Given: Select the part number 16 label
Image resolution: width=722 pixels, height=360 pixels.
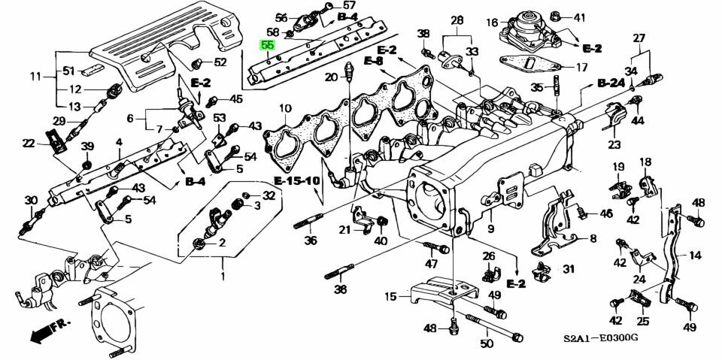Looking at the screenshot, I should pyautogui.click(x=493, y=22).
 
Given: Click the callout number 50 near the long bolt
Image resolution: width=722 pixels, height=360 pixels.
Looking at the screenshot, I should pyautogui.click(x=487, y=344).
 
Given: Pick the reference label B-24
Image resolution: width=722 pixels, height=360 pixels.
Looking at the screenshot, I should pyautogui.click(x=611, y=83).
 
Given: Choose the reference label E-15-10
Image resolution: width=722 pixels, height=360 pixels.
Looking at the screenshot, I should pyautogui.click(x=295, y=181).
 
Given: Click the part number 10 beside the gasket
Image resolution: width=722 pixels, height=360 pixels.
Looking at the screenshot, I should pyautogui.click(x=285, y=110).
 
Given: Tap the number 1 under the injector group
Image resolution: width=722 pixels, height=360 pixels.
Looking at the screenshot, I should pyautogui.click(x=223, y=277).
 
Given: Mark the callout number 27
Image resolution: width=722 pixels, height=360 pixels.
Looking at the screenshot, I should pyautogui.click(x=639, y=38).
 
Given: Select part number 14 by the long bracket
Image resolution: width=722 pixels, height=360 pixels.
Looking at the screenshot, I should pyautogui.click(x=694, y=256).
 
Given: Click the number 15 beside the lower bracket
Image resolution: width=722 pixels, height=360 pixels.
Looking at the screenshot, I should pyautogui.click(x=391, y=297).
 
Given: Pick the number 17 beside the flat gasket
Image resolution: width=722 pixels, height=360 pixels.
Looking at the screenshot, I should pyautogui.click(x=581, y=67).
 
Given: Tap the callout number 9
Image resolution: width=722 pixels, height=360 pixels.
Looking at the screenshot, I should pyautogui.click(x=490, y=229).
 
